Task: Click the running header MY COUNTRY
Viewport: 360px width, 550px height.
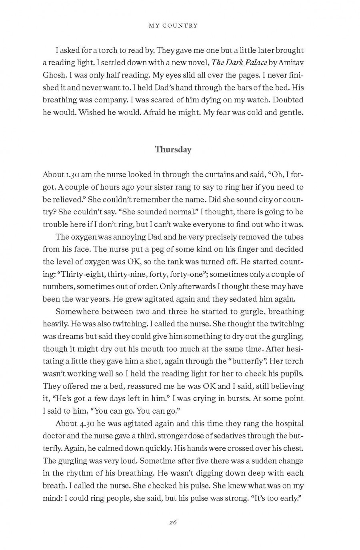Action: (x=173, y=26)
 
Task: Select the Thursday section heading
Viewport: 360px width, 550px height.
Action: (x=173, y=150)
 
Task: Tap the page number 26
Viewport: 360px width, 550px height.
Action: (x=173, y=522)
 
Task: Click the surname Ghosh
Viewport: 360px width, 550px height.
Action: (x=54, y=75)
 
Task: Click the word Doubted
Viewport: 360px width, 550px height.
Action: (x=288, y=100)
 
